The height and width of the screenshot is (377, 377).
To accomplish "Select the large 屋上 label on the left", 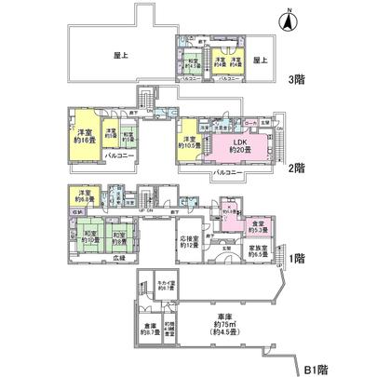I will (118, 55).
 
